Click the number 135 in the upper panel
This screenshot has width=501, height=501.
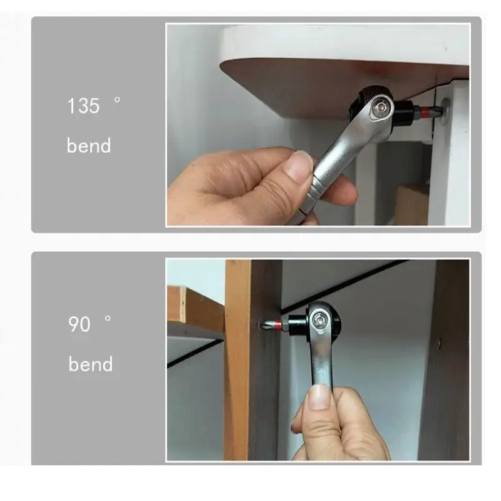83,106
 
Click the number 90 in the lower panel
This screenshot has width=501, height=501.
80,324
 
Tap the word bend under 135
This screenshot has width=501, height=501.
89,145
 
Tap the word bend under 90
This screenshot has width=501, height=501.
91,364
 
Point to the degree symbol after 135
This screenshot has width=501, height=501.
117,100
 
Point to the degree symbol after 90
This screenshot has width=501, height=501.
108,318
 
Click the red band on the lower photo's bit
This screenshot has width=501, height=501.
277,326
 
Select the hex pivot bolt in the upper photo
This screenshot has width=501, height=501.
380,108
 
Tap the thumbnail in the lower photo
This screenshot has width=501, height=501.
319,397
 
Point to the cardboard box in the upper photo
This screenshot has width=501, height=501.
411,205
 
